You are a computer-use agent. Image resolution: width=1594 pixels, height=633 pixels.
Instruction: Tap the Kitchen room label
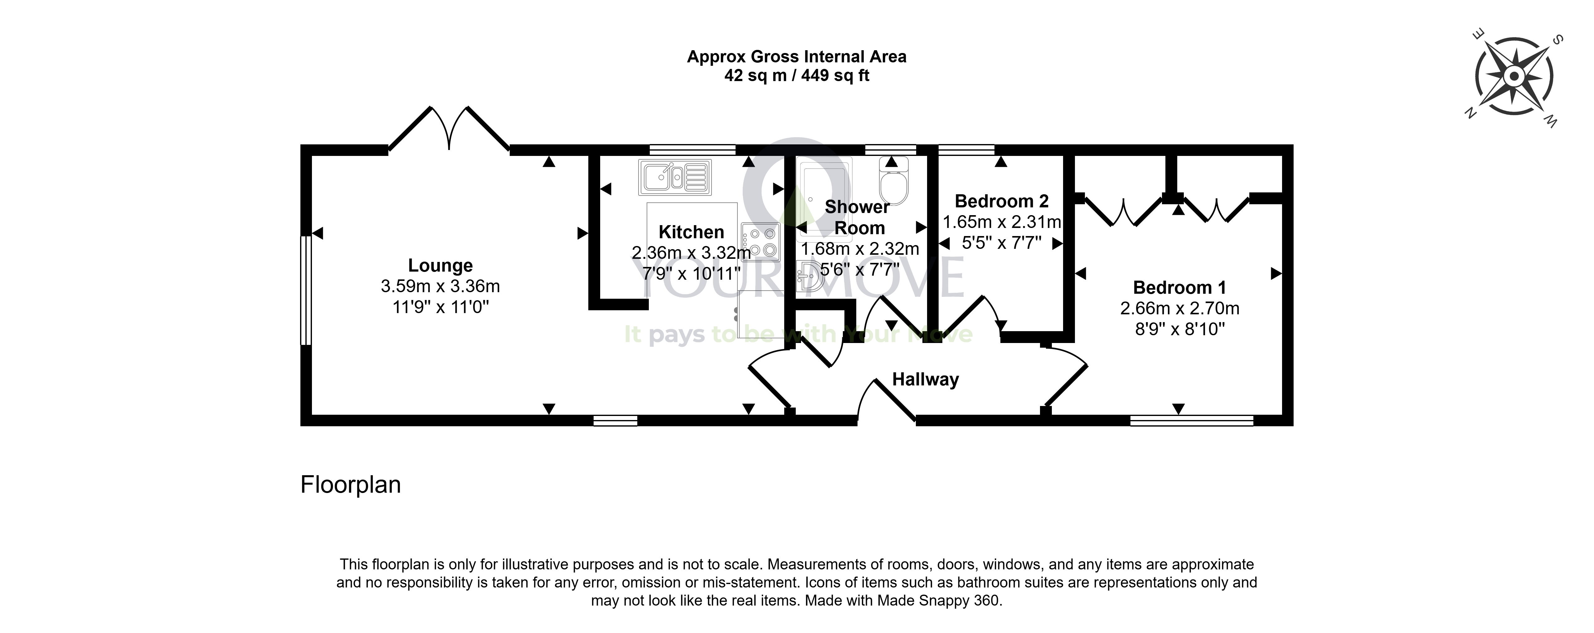tap(691, 232)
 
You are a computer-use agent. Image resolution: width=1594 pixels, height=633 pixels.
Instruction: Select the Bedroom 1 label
tap(1179, 288)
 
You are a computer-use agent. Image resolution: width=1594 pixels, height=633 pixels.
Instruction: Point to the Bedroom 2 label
tap(1002, 201)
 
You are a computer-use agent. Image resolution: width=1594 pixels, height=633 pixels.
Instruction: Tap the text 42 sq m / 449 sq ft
tap(797, 75)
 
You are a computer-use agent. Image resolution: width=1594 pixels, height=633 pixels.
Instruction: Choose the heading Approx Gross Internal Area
tap(797, 57)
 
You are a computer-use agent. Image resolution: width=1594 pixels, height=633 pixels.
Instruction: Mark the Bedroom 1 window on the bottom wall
tap(1192, 421)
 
